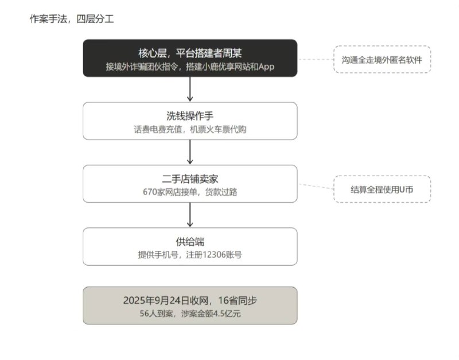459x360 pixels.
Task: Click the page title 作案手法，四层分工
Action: (72, 19)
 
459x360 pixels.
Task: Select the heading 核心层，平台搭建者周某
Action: (190, 53)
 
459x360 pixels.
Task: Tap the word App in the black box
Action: (266, 67)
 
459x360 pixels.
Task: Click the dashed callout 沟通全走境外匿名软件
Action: (382, 60)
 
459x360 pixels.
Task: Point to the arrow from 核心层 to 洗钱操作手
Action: (190, 89)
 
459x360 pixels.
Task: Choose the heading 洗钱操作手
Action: (190, 116)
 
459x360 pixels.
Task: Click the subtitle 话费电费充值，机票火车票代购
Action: (190, 129)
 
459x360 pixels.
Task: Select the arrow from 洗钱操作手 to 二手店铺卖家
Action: (190, 152)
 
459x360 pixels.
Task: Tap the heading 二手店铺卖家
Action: (190, 179)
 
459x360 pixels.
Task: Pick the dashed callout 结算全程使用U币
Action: (382, 189)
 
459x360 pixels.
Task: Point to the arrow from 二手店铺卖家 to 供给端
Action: (190, 215)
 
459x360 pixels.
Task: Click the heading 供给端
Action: (190, 242)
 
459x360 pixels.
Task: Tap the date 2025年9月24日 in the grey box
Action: (156, 300)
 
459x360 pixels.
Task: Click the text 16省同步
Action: (238, 300)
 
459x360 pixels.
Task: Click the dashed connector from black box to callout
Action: (316, 60)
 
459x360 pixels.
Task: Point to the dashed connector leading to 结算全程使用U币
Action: (316, 186)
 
